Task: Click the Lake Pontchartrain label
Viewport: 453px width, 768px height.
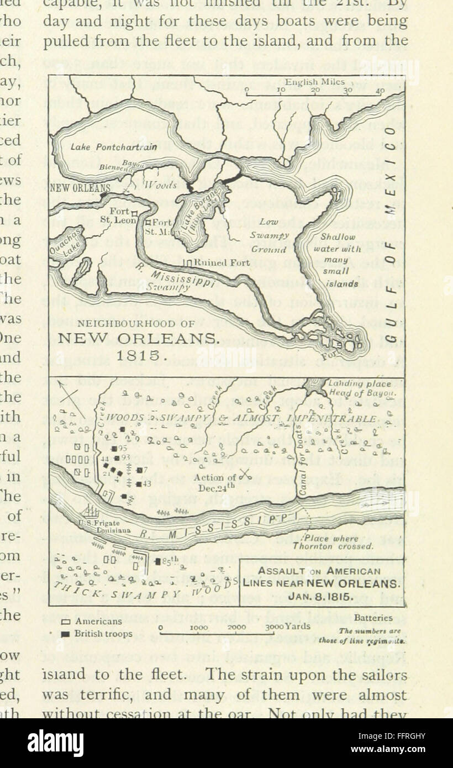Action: point(113,147)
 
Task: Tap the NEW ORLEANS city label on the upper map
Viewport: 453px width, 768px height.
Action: point(80,188)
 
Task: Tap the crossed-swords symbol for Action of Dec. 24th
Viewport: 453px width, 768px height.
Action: point(246,474)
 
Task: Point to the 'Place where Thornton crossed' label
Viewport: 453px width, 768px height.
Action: point(325,542)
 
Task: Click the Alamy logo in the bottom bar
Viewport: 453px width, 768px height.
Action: point(55,743)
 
